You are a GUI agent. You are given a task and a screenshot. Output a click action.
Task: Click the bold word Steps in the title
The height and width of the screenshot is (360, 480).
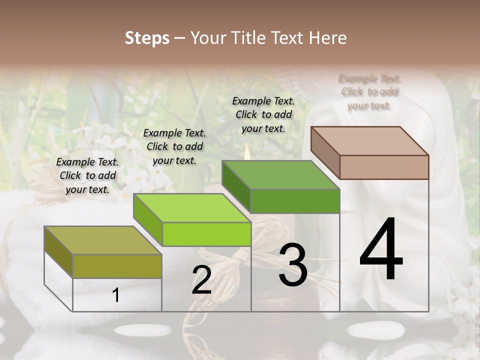[x=147, y=38]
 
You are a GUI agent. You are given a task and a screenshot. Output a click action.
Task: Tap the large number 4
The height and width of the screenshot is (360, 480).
[x=381, y=250]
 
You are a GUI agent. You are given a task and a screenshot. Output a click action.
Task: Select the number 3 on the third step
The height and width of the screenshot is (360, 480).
[x=292, y=265]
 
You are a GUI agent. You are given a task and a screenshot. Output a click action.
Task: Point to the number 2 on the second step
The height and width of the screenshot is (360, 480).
[x=201, y=280]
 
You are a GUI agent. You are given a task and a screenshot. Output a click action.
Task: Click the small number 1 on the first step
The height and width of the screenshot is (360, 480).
[x=116, y=295]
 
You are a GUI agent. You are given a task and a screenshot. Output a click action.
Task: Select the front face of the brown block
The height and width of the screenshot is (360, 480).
[x=384, y=167]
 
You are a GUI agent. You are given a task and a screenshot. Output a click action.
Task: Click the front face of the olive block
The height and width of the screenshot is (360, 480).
[x=117, y=266]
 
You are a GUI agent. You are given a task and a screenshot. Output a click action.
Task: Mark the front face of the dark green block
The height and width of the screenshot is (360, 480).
[x=295, y=201]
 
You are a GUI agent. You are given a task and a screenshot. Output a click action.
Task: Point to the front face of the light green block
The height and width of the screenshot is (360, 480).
[x=206, y=234]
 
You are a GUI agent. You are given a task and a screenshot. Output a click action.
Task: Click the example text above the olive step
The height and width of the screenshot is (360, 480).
[x=87, y=176]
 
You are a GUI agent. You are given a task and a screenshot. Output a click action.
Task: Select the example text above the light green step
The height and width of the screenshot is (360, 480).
[x=174, y=146]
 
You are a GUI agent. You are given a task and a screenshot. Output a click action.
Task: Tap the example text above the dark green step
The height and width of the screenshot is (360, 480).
[x=263, y=114]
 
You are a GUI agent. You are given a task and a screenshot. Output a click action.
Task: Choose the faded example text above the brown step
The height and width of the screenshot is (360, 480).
[x=369, y=92]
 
